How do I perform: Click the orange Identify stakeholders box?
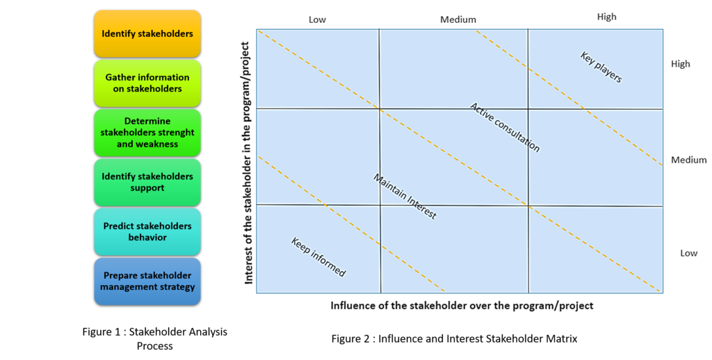147,33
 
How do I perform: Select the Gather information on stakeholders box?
147,83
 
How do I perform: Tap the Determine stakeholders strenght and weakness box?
147,132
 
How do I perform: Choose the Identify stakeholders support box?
147,182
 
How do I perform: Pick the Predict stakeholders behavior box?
147,231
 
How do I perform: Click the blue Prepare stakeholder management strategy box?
147,281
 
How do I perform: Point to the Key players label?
601,67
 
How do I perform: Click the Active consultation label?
505,127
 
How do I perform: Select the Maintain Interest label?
405,197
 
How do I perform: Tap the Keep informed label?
318,257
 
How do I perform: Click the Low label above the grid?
317,19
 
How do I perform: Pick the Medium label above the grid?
458,19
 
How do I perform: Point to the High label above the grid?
606,17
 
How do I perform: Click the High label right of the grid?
681,64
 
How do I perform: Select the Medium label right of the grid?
688,160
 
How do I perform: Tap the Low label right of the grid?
688,253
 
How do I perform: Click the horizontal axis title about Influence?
462,306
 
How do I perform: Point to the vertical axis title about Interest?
247,163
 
